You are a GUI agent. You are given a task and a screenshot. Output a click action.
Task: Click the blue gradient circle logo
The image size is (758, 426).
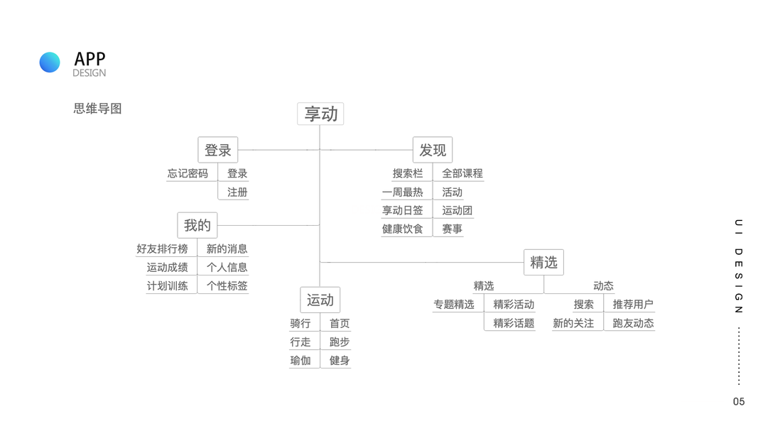click(50, 62)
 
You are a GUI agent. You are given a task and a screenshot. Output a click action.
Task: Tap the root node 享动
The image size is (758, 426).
click(320, 114)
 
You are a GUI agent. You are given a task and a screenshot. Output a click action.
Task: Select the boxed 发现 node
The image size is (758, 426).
click(433, 150)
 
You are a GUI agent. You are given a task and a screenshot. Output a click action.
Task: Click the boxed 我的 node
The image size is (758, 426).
click(197, 225)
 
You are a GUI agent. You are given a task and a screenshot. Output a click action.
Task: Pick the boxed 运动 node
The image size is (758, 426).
click(320, 300)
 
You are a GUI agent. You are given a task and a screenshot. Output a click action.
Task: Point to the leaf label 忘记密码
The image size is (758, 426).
click(188, 173)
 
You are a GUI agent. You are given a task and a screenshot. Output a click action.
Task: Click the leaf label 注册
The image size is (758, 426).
click(237, 192)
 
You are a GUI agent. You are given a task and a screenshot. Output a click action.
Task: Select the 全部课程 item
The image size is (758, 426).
click(462, 173)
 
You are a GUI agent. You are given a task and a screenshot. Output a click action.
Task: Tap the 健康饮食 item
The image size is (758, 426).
click(402, 229)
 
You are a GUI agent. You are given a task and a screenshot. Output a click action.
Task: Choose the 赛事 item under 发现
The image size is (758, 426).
click(452, 229)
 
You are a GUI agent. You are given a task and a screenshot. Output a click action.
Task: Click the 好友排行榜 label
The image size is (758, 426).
click(162, 248)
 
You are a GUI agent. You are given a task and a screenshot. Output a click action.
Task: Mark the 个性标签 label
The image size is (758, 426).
click(227, 285)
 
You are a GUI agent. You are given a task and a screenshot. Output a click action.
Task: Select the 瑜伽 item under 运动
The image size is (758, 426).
click(300, 360)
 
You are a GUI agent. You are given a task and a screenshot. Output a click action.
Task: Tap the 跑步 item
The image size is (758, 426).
click(340, 342)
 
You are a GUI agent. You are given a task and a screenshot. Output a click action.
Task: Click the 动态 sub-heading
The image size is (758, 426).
click(603, 285)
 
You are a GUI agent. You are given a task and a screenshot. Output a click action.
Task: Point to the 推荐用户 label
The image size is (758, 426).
click(633, 304)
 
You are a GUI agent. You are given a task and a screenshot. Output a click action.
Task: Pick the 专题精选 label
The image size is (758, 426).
click(454, 304)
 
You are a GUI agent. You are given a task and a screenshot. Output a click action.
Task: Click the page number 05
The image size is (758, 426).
click(739, 402)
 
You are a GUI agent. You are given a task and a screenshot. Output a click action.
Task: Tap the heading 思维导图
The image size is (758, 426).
click(97, 109)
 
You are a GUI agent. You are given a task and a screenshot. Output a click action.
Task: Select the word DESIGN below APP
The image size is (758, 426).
click(89, 73)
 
